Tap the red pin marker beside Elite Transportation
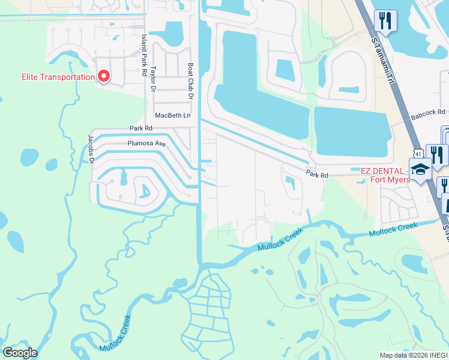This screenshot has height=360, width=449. tap(103, 76)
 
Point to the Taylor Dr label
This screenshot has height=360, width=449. tap(154, 79)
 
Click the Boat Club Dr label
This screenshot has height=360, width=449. tap(191, 82)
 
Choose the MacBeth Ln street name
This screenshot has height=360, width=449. tap(172, 115)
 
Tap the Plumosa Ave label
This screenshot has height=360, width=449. tap(146, 144)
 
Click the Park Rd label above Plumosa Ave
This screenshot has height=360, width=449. tap(141, 128)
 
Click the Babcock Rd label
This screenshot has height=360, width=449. tap(428, 112)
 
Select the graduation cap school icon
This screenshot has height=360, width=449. tap(420, 169)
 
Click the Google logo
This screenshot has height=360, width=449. tap(20, 353)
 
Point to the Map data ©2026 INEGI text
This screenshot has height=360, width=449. tap(414, 355)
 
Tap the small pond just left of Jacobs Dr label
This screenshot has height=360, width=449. tap(29, 157)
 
